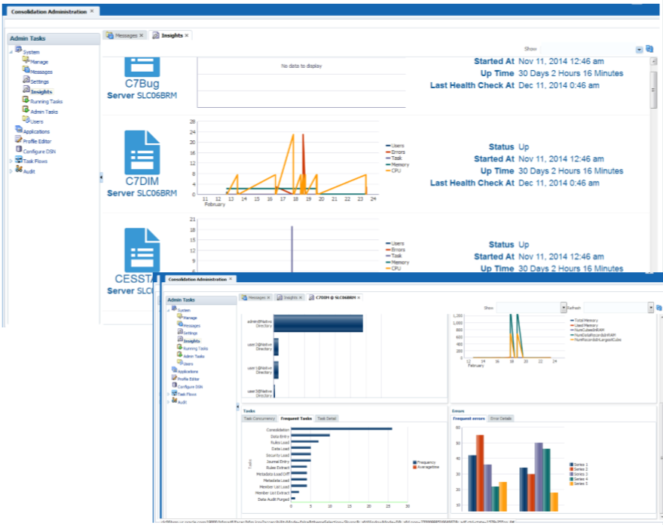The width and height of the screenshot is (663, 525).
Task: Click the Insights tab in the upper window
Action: click(x=170, y=35)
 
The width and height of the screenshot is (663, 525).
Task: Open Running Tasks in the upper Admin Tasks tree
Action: click(x=46, y=101)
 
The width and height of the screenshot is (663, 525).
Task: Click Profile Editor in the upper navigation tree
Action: click(x=36, y=141)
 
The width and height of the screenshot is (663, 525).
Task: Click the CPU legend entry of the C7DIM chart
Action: click(x=395, y=170)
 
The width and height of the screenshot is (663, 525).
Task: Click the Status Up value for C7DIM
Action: click(x=524, y=147)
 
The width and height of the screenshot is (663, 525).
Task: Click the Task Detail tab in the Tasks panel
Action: click(x=326, y=417)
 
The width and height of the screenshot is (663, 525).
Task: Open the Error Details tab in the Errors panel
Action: click(x=500, y=417)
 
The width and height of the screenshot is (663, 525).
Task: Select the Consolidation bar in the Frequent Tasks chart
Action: click(x=341, y=429)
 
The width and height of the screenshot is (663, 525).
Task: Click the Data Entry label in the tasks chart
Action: click(x=279, y=436)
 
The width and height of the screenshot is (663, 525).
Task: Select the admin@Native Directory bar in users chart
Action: click(x=317, y=324)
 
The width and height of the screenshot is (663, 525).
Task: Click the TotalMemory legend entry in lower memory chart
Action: click(x=587, y=321)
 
